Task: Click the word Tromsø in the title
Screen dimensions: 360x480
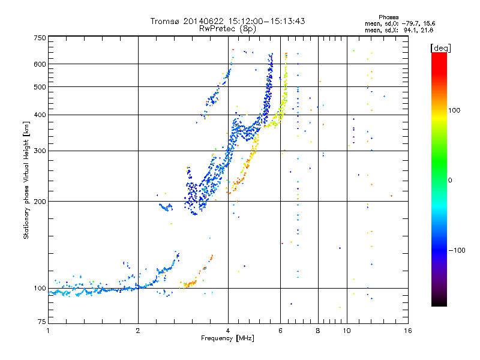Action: (x=165, y=21)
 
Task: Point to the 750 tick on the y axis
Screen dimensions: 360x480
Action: (x=40, y=38)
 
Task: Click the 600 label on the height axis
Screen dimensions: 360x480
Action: (x=40, y=64)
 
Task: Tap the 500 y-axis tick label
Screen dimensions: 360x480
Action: (x=40, y=86)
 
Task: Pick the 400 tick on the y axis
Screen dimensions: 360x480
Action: (x=40, y=115)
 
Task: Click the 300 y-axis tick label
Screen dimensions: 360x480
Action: (x=40, y=151)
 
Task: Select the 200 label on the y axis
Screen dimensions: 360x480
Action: (x=40, y=201)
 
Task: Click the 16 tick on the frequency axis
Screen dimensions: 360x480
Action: (x=407, y=331)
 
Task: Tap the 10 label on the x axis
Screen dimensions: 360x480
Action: (x=347, y=331)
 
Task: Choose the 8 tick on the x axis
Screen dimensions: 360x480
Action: (x=317, y=331)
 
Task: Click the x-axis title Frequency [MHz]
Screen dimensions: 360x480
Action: (x=227, y=338)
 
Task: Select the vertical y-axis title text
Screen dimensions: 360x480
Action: (x=26, y=180)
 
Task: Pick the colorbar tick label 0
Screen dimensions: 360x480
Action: (x=451, y=180)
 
